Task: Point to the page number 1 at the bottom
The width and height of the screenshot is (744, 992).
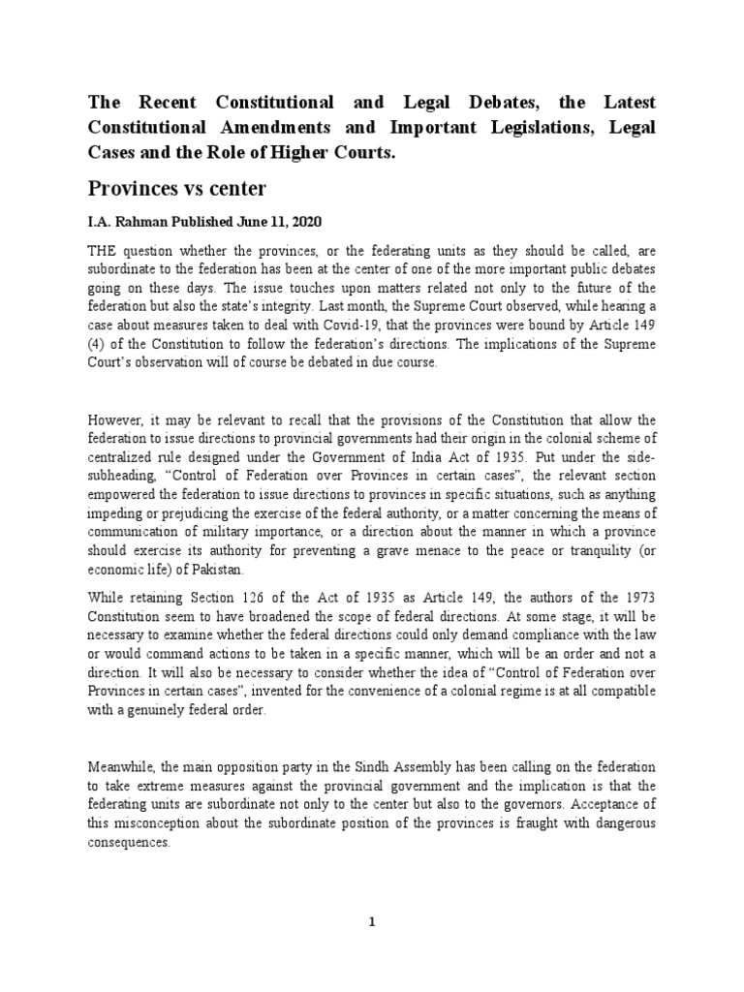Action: click(x=372, y=922)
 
